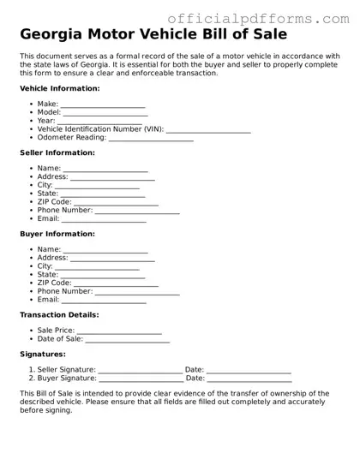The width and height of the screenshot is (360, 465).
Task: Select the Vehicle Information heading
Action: pyautogui.click(x=57, y=88)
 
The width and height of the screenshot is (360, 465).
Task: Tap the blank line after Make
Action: pyautogui.click(x=103, y=105)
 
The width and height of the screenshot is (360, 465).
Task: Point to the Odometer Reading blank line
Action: pyautogui.click(x=151, y=139)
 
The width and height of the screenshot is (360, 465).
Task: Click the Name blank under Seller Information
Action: pyautogui.click(x=105, y=170)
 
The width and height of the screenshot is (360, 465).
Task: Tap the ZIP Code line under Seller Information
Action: pyautogui.click(x=116, y=203)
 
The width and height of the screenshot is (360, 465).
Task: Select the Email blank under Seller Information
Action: pyautogui.click(x=104, y=220)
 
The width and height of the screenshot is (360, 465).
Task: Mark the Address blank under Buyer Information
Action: pyautogui.click(x=112, y=259)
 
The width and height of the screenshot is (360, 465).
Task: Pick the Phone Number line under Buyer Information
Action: pyautogui.click(x=137, y=292)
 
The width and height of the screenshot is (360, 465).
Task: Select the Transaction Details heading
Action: pyautogui.click(x=60, y=315)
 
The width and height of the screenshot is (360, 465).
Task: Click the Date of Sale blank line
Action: pyautogui.click(x=127, y=340)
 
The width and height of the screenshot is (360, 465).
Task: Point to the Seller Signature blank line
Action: pyautogui.click(x=141, y=371)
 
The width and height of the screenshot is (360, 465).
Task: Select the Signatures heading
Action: pyautogui.click(x=43, y=354)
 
